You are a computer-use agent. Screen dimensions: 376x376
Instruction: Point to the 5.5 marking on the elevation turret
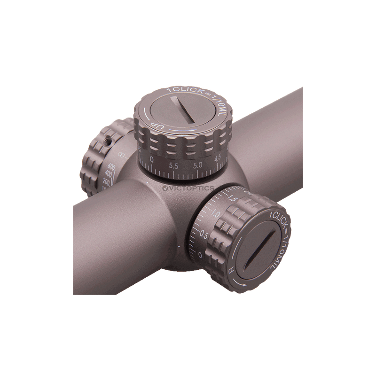pos(173,165)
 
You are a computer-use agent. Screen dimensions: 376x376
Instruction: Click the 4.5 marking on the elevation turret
pos(218,158)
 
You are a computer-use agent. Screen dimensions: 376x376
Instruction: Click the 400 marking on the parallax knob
pos(109,174)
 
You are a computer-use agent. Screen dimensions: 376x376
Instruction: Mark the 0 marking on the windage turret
pos(201,254)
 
